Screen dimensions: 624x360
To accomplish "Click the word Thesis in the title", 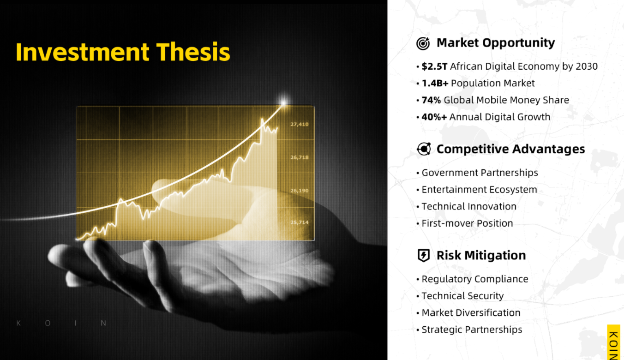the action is [x=193, y=52].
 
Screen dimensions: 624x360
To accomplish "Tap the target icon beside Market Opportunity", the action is [x=423, y=43].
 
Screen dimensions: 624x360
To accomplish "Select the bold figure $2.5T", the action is [x=434, y=66].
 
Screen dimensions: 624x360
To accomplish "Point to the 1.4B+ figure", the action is [x=435, y=83].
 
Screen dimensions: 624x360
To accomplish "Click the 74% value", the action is [x=431, y=100].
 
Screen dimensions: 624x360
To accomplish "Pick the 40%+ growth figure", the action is [x=434, y=117].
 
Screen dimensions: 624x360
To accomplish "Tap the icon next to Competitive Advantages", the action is [x=424, y=149].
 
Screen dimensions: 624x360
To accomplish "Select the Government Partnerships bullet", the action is [x=480, y=173].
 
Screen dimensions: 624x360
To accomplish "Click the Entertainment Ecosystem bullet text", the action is [x=479, y=190].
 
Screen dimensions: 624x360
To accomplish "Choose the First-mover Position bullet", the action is [x=467, y=223].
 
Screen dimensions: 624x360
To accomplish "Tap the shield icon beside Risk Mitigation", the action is [x=423, y=255].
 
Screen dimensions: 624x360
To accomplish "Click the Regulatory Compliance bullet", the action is [x=475, y=279].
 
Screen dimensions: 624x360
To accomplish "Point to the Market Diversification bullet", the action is [x=471, y=312].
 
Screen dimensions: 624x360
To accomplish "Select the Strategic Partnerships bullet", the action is [x=472, y=330].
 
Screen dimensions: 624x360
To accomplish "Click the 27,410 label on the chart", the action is [x=300, y=124].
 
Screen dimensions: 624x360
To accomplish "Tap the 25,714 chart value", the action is [x=300, y=222].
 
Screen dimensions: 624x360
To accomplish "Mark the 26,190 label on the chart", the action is [x=300, y=191].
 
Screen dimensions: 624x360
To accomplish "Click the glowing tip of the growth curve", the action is [x=283, y=102].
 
